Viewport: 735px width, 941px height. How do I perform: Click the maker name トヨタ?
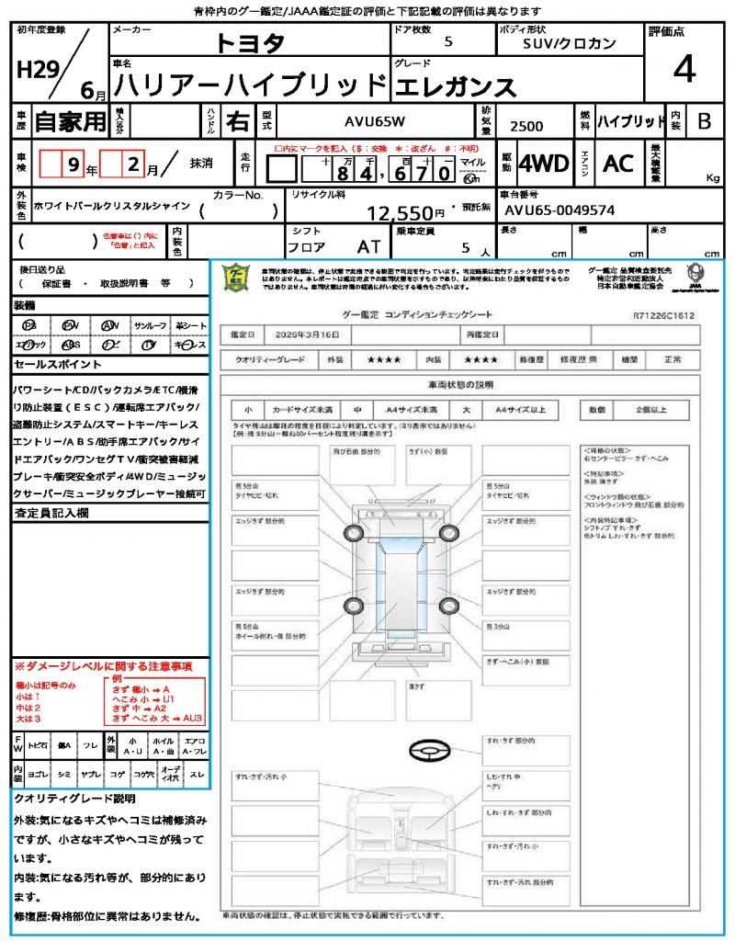coord(250,44)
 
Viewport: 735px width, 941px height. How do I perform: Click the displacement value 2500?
coord(526,127)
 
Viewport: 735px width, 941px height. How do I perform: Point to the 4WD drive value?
coord(543,164)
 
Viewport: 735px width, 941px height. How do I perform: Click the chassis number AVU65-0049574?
coord(560,210)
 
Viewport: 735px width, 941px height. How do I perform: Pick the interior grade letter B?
coord(704,121)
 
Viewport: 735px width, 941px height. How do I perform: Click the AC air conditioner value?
coord(618,164)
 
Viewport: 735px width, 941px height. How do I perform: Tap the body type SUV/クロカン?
coord(570,43)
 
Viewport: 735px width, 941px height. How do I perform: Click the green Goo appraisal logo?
coord(237,279)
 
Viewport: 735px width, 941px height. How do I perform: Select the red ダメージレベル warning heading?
coord(103,665)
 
